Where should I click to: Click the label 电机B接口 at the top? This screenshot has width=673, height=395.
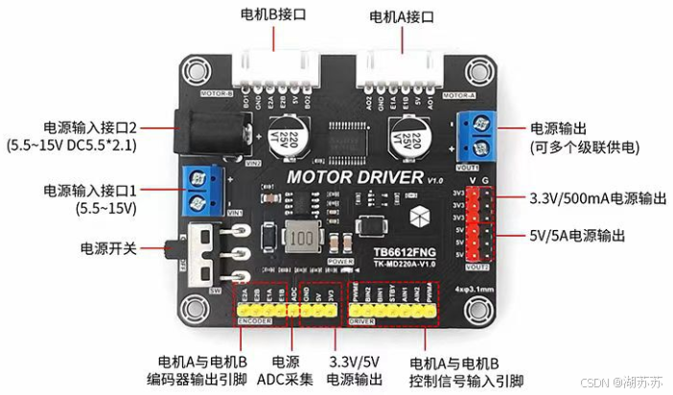pyautogui.click(x=274, y=16)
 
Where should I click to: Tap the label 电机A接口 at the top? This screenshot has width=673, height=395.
pyautogui.click(x=403, y=16)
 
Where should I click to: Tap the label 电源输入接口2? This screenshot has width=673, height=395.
pyautogui.click(x=88, y=128)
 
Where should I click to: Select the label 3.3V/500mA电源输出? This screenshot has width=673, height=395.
pyautogui.click(x=592, y=198)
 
